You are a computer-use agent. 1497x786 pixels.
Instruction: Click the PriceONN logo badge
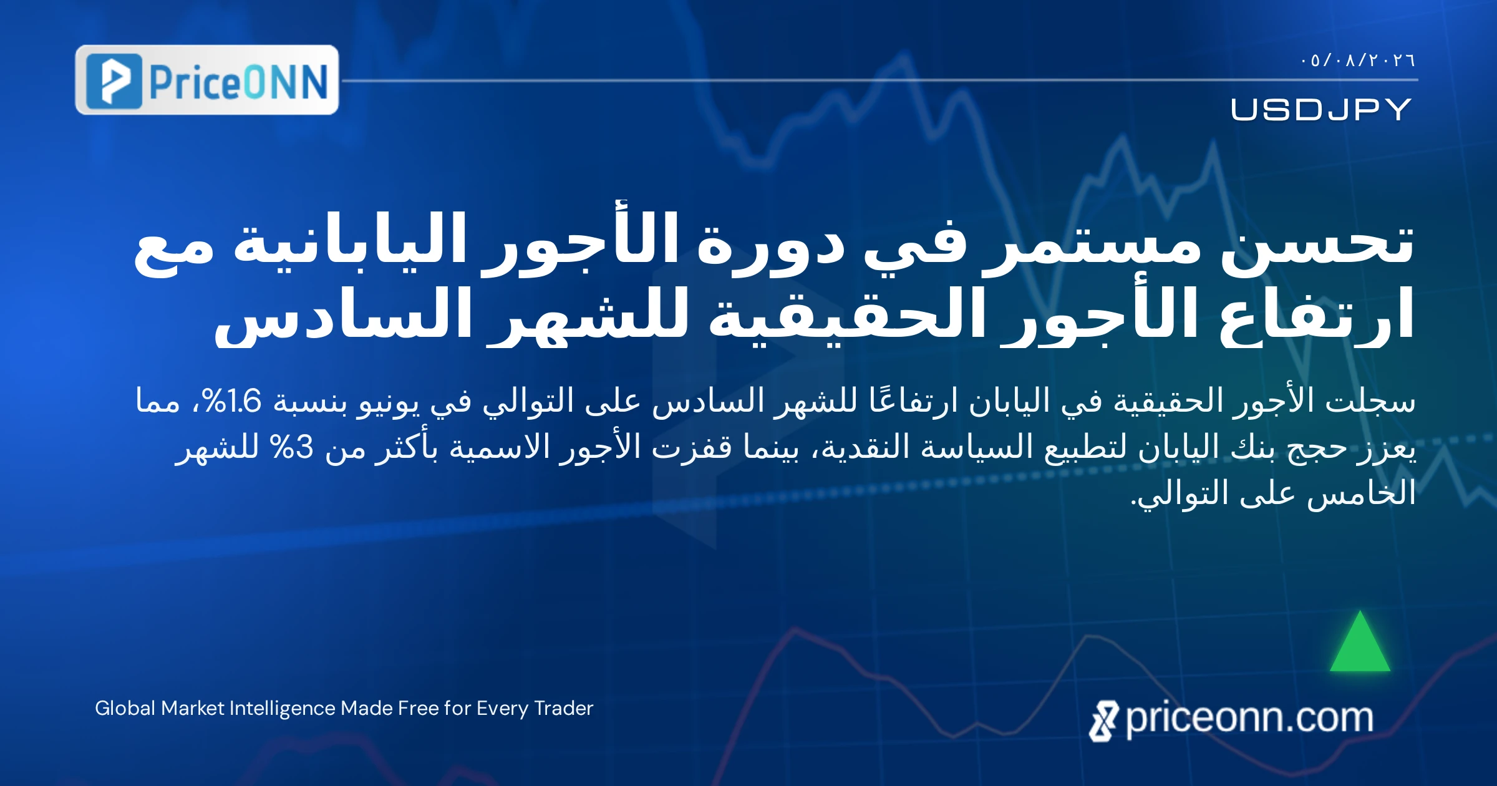pyautogui.click(x=207, y=80)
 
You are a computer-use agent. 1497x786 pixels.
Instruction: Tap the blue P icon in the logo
pyautogui.click(x=114, y=81)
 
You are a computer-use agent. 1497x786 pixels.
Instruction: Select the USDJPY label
pyautogui.click(x=1321, y=109)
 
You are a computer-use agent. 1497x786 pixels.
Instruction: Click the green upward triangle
pyautogui.click(x=1360, y=643)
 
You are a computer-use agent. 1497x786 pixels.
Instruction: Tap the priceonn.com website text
pyautogui.click(x=1249, y=719)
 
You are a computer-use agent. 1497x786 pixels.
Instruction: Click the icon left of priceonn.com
pyautogui.click(x=1104, y=721)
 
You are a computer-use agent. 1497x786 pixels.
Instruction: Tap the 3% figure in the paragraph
pyautogui.click(x=291, y=447)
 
